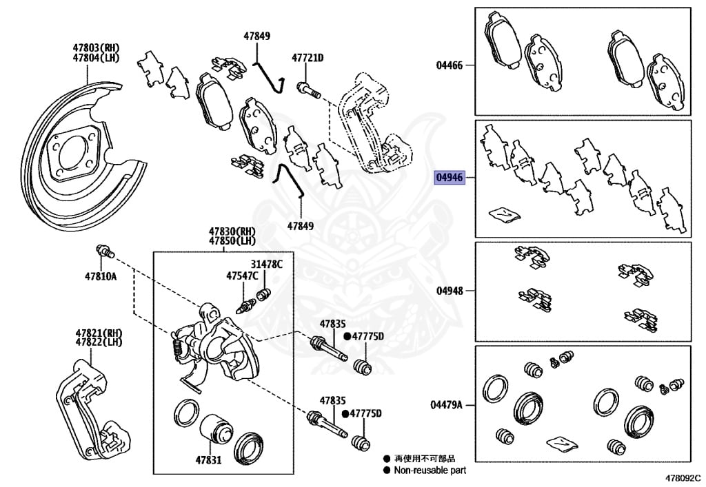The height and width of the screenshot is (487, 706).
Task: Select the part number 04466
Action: coord(450,65)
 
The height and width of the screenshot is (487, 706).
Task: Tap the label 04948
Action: coord(450,291)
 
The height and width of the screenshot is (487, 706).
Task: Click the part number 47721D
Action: coord(307,59)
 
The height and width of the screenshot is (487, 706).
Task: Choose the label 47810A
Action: coord(101,276)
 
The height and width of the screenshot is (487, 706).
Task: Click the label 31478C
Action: coord(266,265)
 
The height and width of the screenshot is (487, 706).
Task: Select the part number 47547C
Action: coord(242,276)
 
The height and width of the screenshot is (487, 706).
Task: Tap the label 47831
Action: coord(208,459)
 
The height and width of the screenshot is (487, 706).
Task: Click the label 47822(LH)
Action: coord(99,342)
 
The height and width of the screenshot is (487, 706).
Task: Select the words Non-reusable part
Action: coord(430,470)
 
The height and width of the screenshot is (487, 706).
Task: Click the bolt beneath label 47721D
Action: coord(307,88)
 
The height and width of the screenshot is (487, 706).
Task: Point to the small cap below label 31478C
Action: coord(262,296)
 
